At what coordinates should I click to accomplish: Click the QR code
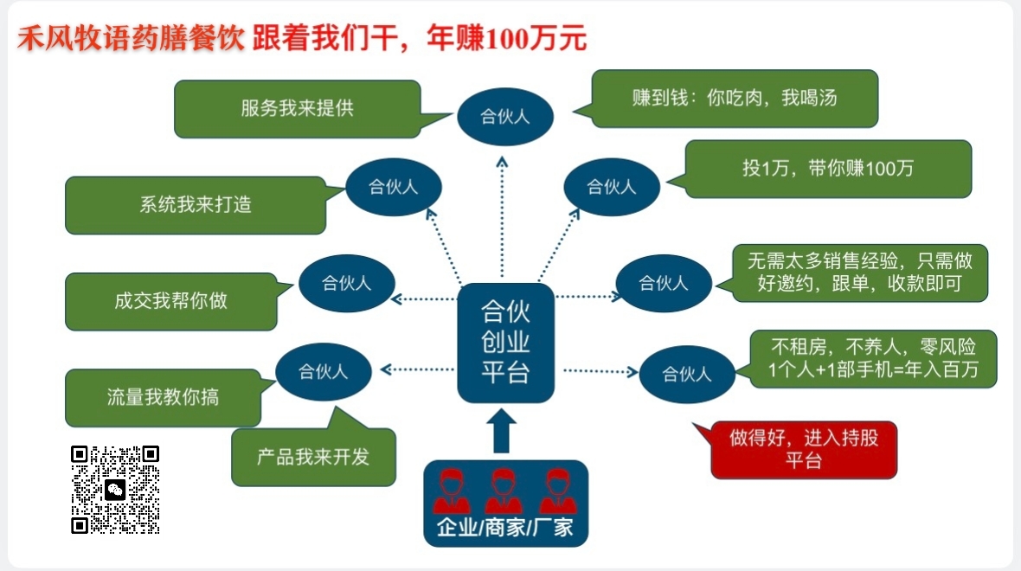(115, 490)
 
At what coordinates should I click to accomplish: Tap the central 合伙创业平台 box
(505, 343)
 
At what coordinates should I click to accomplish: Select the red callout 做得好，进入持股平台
(803, 449)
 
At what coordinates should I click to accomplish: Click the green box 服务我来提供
(297, 109)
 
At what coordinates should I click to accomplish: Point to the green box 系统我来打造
(196, 205)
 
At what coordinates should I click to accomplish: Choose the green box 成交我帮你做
(170, 301)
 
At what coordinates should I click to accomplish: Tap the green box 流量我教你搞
(163, 397)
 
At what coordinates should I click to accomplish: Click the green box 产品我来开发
(313, 457)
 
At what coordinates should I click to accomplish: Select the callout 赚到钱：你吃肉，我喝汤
(735, 99)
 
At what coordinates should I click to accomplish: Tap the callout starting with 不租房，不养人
(873, 359)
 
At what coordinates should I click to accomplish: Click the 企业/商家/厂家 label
(505, 527)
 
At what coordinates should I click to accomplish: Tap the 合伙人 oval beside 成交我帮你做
(347, 283)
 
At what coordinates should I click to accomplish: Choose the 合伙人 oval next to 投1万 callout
(612, 187)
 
